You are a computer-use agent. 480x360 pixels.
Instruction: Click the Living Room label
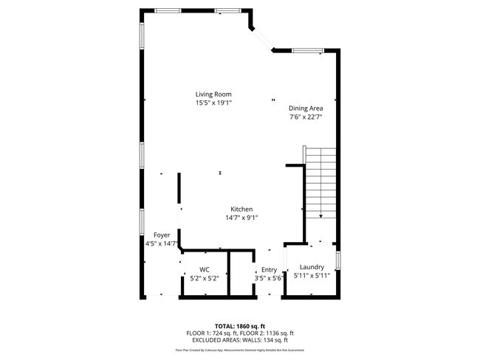tap(213, 94)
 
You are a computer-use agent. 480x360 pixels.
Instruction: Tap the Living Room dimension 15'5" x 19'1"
tap(213, 103)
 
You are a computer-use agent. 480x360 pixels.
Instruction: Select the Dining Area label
tap(306, 108)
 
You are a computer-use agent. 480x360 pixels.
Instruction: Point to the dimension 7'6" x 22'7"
tap(306, 117)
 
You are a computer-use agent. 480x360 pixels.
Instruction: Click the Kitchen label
tap(241, 209)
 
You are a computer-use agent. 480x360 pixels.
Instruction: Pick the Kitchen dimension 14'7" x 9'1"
tap(241, 218)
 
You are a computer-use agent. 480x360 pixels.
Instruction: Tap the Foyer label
tap(162, 235)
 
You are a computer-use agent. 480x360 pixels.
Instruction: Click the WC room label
tap(205, 269)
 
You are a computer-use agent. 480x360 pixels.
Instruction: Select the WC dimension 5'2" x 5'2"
tap(205, 278)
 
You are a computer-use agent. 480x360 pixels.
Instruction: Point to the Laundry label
tap(312, 267)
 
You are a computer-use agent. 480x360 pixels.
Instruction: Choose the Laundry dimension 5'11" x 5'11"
tap(312, 276)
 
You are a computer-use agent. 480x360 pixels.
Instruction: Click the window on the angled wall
tap(261, 38)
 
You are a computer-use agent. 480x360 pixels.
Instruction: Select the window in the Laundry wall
tap(338, 261)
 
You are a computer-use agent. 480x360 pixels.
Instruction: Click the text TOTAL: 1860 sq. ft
tap(239, 325)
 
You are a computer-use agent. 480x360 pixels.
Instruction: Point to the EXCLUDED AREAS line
tap(239, 340)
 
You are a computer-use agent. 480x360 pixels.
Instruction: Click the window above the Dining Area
tap(306, 51)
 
